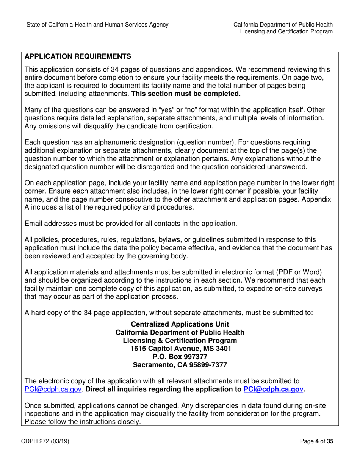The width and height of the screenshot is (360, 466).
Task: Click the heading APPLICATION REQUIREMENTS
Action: pos(78,57)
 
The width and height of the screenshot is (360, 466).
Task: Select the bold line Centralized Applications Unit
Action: pos(180,324)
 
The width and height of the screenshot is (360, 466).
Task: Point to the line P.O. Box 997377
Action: pos(180,357)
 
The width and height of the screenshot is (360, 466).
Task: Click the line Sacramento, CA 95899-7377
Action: pos(180,365)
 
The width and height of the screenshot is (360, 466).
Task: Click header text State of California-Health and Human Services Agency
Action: pos(97,25)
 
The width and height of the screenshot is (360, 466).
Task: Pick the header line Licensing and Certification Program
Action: pos(286,32)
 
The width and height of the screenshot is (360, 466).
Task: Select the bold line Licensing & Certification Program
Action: pos(180,341)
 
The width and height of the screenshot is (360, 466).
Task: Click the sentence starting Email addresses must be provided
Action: pos(131,224)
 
